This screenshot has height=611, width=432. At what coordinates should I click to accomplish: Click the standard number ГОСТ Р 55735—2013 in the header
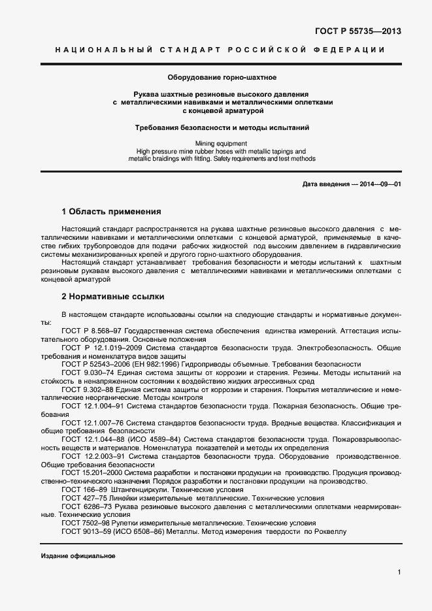pyautogui.click(x=359, y=31)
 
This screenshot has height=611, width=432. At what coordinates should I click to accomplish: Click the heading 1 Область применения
pyautogui.click(x=110, y=212)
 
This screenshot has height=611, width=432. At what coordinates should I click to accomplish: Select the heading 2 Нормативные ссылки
pyautogui.click(x=108, y=296)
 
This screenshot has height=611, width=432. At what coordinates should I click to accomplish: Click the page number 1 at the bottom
pyautogui.click(x=399, y=572)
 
